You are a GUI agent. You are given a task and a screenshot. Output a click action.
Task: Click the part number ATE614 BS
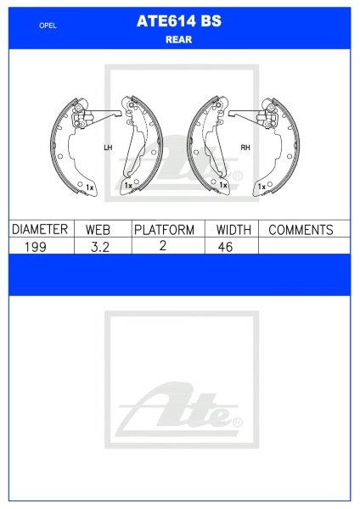(x=179, y=25)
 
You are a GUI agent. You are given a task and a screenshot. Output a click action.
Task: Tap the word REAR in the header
(x=179, y=39)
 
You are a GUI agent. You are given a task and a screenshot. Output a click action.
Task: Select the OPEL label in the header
(x=48, y=26)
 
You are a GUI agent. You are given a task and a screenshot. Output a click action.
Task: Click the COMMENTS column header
(x=300, y=230)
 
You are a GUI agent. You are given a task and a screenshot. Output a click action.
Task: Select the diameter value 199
(x=37, y=246)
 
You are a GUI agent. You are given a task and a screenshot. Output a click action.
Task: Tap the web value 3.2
(x=100, y=246)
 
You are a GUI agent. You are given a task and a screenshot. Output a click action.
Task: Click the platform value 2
(x=164, y=246)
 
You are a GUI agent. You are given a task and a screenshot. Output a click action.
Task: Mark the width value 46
(x=225, y=246)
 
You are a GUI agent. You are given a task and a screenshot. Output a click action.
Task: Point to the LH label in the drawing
(x=107, y=147)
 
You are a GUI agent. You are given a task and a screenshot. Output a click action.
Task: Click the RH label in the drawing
(x=245, y=147)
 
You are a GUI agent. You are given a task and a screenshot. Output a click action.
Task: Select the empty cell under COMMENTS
(x=303, y=246)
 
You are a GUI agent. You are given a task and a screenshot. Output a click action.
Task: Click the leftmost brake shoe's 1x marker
(x=90, y=183)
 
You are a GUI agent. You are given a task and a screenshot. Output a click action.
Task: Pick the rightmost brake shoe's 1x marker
(x=260, y=183)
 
